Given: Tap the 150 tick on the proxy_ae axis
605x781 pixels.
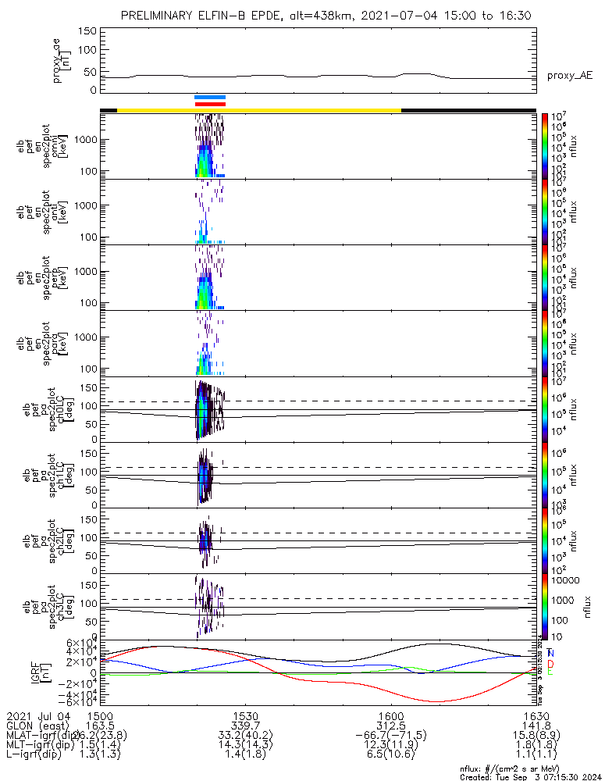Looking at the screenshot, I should coord(88,30).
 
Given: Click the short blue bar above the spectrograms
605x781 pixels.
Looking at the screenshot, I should coord(210,97).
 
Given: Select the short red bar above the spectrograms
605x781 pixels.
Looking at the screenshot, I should coord(210,103).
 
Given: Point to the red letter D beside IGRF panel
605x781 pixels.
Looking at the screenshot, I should coord(551,662).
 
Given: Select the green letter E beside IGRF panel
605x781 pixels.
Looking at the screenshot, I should coord(551,672).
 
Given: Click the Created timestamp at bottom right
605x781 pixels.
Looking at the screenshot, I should coord(531,776).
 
